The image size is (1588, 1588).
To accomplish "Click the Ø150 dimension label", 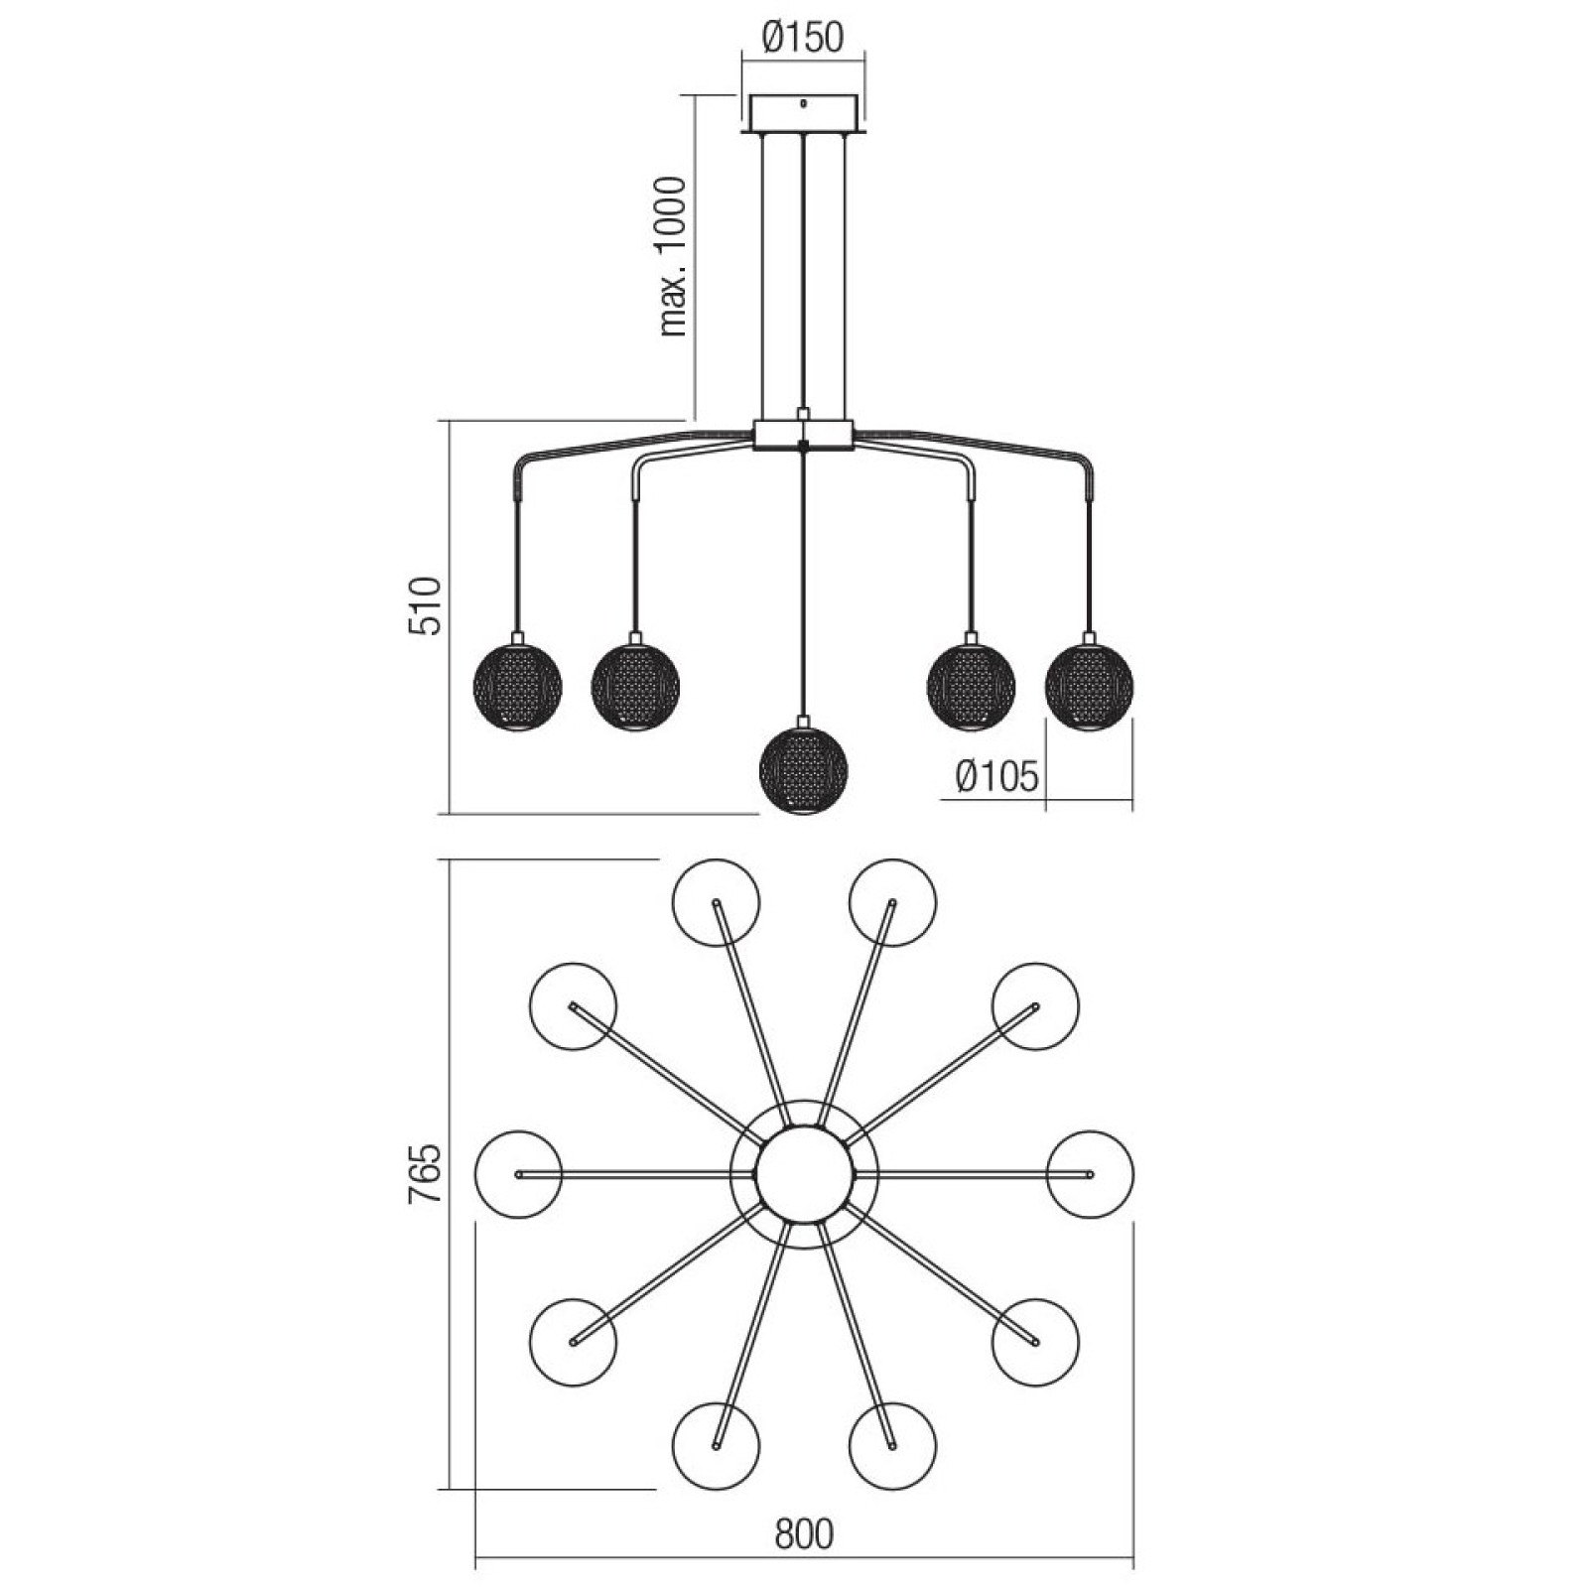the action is (803, 38).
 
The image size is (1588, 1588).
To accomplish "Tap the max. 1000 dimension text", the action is (673, 257).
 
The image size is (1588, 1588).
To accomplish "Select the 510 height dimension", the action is (425, 605).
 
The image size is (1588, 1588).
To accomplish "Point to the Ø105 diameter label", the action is (997, 776).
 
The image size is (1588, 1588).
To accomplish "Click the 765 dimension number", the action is (425, 1174).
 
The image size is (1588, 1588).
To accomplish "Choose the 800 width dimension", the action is (804, 1534).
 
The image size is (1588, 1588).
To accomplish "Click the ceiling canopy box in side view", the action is (804, 113).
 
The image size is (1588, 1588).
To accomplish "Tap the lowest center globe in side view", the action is (803, 771).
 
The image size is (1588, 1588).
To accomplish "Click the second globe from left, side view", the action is (635, 686).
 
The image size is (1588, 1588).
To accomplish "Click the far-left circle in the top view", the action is (518, 1174).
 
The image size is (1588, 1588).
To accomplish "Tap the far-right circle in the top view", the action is (1090, 1174).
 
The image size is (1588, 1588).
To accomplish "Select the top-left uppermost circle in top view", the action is (716, 903).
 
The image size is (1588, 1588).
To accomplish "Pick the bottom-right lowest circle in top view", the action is (892, 1446).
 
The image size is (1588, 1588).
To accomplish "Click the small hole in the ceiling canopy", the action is (804, 103).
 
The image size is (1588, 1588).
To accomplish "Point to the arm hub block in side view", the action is (804, 434).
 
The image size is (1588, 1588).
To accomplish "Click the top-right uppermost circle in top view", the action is (892, 903).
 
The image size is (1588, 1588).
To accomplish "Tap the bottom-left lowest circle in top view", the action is (716, 1446).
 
